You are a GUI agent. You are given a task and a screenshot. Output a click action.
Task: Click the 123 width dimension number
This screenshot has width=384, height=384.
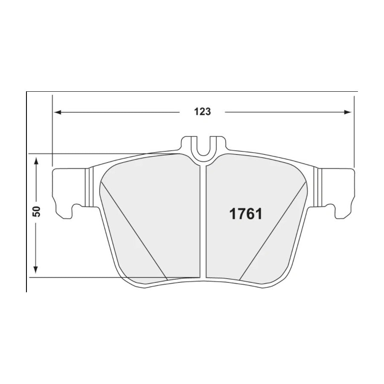203,112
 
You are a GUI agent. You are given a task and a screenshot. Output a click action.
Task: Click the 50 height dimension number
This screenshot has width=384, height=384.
37,211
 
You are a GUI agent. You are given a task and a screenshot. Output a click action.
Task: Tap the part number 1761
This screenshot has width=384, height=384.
246,214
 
